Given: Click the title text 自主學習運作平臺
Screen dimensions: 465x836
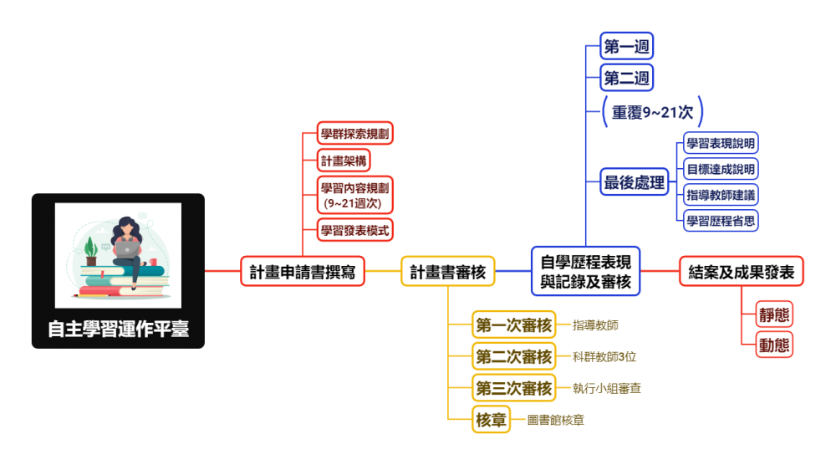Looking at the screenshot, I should point(118,330).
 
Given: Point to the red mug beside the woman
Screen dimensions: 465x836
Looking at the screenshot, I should point(153,262).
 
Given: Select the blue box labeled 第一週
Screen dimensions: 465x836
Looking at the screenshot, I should point(627,46).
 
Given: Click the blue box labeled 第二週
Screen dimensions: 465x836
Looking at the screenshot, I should point(627,78).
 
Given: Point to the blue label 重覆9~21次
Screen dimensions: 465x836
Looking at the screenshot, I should point(652,112).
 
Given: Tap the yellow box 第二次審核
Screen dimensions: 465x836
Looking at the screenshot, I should point(513,357).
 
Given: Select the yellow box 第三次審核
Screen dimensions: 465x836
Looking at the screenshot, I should point(513,388).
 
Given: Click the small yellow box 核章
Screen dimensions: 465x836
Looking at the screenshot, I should point(491,420).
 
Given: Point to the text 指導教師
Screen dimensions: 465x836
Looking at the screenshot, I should point(595,325).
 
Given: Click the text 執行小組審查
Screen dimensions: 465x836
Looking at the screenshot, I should point(607,388).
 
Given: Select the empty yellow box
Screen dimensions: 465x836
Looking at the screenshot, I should point(448,271).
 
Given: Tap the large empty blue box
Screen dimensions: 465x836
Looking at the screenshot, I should point(585,271).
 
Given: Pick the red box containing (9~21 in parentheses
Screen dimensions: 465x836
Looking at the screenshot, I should point(354,195).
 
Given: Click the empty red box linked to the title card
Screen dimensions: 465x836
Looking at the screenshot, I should point(303,271).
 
